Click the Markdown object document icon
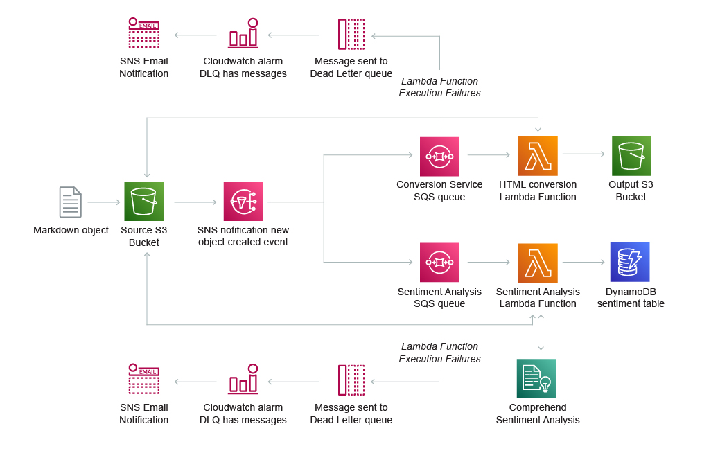coord(70,202)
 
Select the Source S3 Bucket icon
coord(144,202)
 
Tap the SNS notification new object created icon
coord(243,202)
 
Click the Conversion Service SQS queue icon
coord(439,157)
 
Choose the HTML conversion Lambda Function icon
coord(538,157)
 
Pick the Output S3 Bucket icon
coord(631,157)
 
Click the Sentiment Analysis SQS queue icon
coord(439,263)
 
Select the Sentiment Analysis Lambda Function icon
coord(538,263)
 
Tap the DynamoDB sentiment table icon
coord(630,263)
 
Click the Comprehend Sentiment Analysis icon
coord(536,378)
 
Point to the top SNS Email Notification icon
coord(144,33)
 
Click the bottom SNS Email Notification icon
coord(144,380)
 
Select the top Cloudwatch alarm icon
coord(243,33)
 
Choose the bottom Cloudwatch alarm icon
coord(243,380)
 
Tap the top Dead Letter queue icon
coord(351,34)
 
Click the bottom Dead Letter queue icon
coord(351,380)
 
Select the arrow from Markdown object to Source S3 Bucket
coord(104,202)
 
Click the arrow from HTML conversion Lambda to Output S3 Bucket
coord(583,155)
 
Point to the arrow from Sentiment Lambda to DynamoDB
coord(583,263)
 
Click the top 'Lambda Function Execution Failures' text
coord(439,87)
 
